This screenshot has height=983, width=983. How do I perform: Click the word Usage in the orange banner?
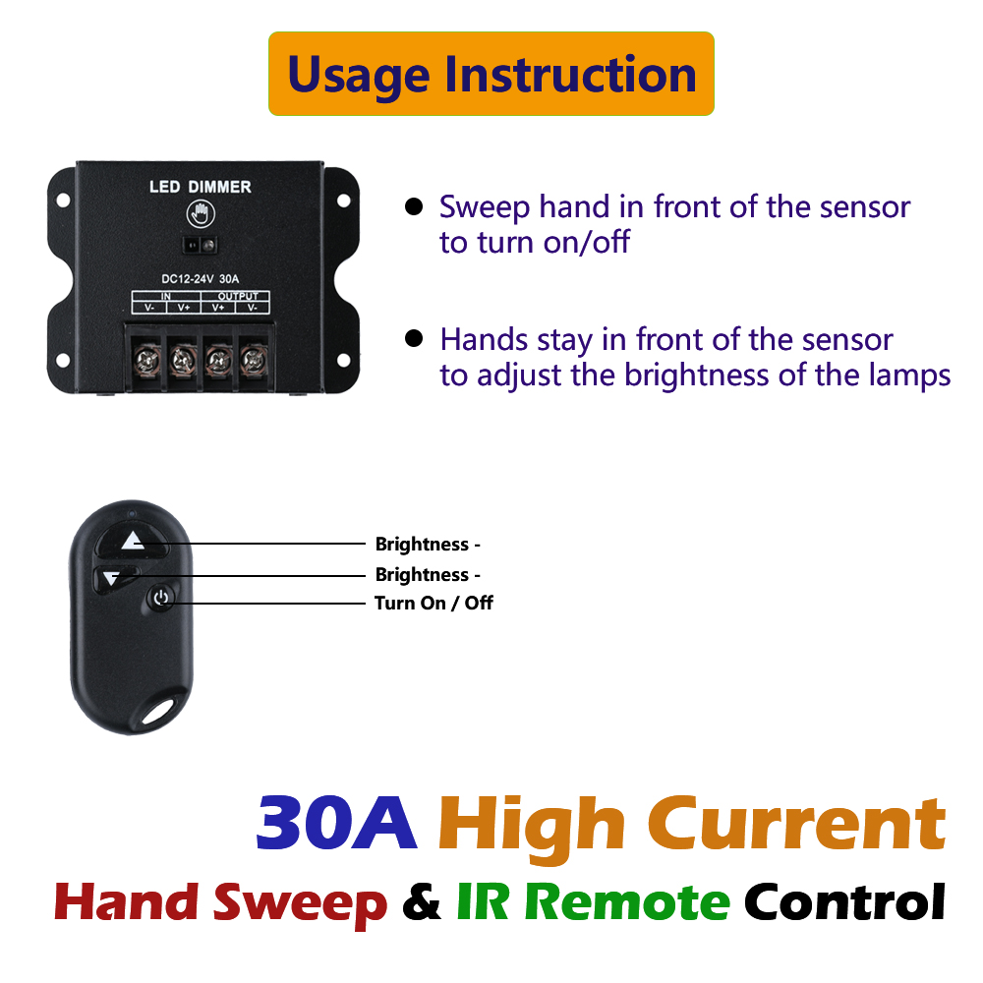coord(359,77)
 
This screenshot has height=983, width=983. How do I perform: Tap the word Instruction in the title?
coord(570,74)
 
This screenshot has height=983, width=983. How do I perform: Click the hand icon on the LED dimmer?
coord(201,213)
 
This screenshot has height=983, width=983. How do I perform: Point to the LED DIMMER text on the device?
coord(200,186)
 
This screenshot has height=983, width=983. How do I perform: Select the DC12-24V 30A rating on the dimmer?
coord(200,279)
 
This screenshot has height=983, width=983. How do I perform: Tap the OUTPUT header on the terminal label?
coord(238,296)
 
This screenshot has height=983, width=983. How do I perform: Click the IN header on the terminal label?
coord(165,296)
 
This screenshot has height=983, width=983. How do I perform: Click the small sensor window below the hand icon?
coord(200,245)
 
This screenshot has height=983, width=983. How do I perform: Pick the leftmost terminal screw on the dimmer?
coord(147,361)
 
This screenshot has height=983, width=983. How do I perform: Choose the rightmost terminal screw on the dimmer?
coord(254,361)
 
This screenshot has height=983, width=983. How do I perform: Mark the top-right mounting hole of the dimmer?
coord(343,201)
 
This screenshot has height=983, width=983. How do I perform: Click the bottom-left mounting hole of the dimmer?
coord(63,361)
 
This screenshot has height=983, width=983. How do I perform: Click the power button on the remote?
coord(161,598)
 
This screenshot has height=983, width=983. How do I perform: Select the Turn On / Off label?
coord(434,604)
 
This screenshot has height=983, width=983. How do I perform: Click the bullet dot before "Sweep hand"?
coord(414,206)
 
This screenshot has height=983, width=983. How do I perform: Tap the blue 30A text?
coord(336,823)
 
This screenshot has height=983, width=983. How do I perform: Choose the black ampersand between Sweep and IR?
coord(422,902)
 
